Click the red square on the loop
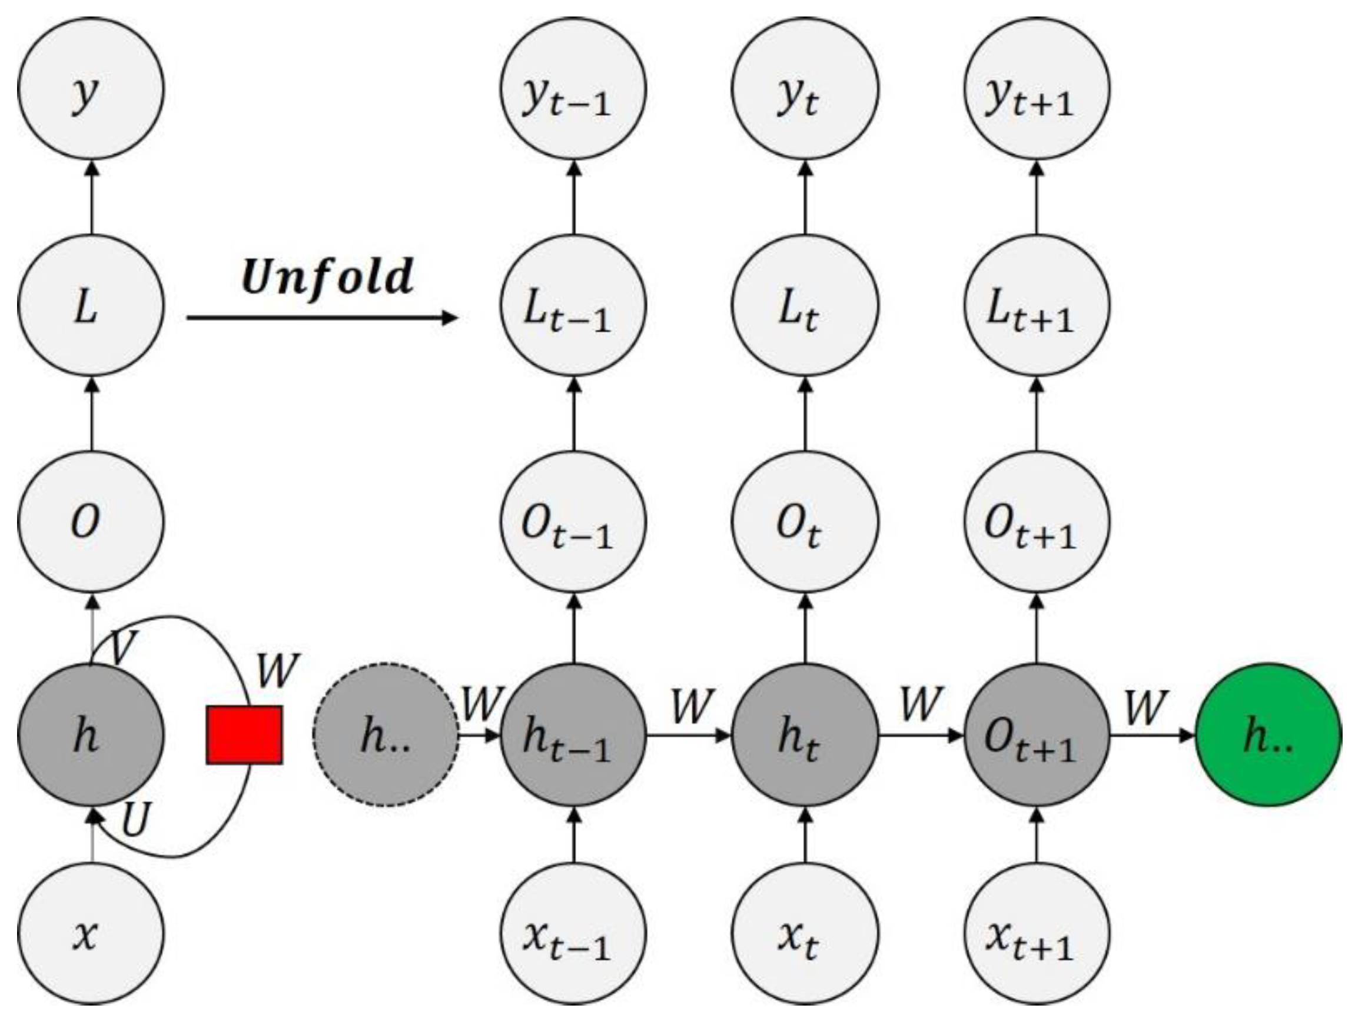244,736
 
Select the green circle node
1268,736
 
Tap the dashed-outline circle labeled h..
386,736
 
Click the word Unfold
328,277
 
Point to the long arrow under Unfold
321,318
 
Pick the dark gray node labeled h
91,736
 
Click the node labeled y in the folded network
91,89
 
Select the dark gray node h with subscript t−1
573,736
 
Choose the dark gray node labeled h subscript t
805,736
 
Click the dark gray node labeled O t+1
1037,736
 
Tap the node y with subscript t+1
1037,89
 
